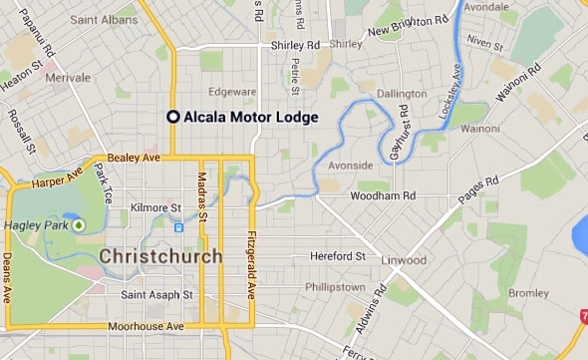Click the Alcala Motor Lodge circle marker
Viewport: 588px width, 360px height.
coord(173,117)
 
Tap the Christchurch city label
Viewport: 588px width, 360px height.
coord(160,256)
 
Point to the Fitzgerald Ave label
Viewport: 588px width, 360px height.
coord(249,264)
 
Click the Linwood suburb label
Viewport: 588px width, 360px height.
coord(404,260)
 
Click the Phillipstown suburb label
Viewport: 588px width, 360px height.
coord(335,286)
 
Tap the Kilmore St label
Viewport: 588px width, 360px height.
coord(153,207)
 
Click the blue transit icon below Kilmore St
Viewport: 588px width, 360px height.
coord(178,227)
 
